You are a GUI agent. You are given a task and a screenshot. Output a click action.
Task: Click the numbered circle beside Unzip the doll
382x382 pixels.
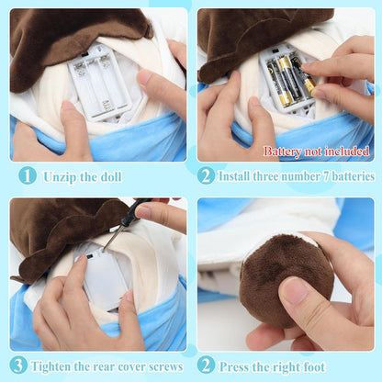pyautogui.click(x=28, y=174)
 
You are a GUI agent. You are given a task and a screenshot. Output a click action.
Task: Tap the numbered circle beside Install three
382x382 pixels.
pyautogui.click(x=207, y=174)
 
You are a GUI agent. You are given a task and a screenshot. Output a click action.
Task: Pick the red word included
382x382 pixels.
pyautogui.click(x=346, y=151)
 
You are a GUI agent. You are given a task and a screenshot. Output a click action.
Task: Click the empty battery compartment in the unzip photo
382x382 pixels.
pyautogui.click(x=99, y=80)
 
